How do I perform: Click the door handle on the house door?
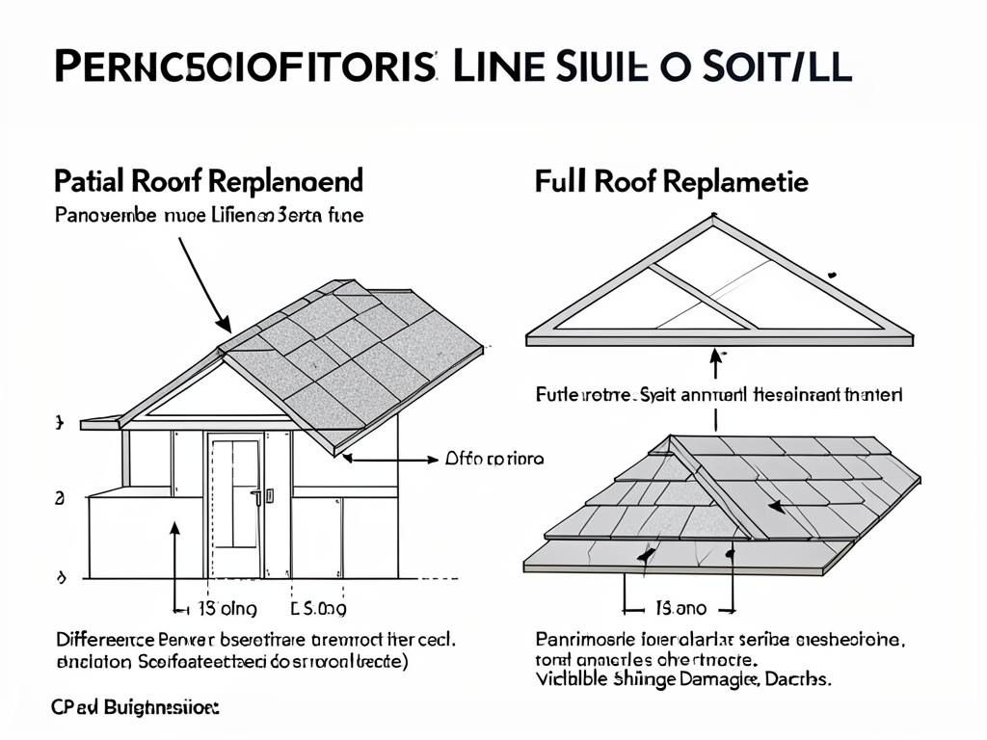[257, 497]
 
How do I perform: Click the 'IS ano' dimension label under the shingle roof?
[681, 608]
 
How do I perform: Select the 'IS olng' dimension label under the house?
[227, 608]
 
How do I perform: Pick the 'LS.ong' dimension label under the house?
[318, 608]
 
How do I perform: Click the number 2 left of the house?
[60, 498]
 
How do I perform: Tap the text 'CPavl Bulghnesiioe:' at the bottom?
[135, 707]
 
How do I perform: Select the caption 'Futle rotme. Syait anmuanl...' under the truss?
[718, 395]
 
